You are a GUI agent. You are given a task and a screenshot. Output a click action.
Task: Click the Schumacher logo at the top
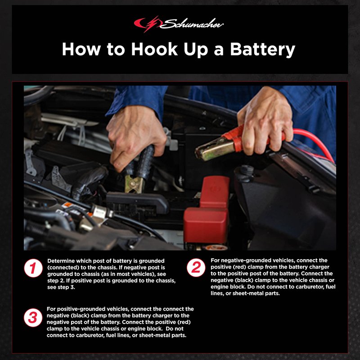coord(179,24)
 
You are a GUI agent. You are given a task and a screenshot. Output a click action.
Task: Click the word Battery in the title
coord(262,49)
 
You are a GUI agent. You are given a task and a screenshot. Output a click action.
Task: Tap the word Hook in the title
coord(154,49)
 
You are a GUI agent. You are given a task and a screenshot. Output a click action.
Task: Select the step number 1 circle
coord(33,268)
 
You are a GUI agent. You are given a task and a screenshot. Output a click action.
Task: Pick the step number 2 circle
coord(196,268)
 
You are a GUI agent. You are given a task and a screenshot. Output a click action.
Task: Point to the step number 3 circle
coord(33,318)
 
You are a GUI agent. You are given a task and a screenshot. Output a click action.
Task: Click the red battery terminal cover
coord(207,211)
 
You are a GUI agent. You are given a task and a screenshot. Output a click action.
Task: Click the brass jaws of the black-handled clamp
coord(134,184)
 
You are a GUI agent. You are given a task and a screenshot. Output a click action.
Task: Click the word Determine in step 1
coord(61,261)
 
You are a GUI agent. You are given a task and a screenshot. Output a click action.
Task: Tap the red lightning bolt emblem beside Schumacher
coord(148,24)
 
